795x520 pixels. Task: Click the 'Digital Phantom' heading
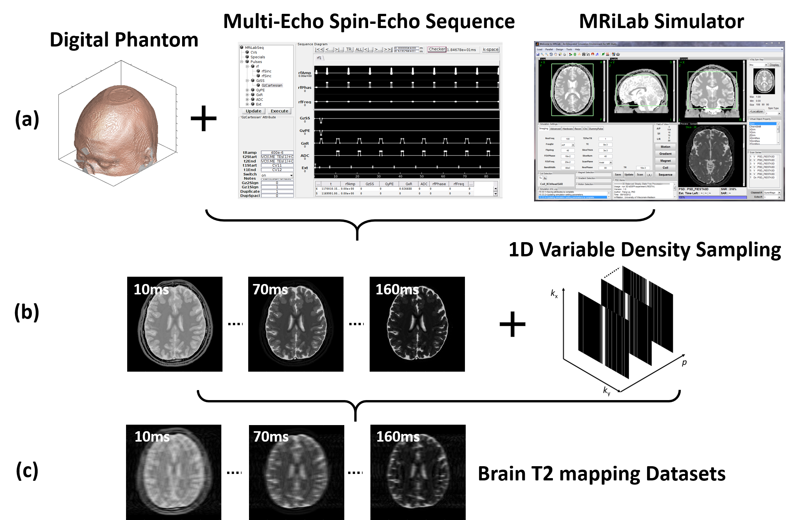124,40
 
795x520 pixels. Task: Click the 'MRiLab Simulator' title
661,22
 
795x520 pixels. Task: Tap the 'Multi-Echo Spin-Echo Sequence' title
368,22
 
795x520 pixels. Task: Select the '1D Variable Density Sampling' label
644,250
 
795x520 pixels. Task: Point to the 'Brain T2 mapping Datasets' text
601,473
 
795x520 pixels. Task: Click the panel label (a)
27,119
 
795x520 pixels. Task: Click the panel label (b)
27,312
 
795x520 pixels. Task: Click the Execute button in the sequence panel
279,111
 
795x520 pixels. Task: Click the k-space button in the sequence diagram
491,50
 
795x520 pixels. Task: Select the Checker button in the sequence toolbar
437,49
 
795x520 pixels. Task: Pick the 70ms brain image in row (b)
295,324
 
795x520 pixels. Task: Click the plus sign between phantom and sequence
204,118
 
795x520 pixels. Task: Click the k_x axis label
554,294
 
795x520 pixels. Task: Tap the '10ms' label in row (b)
151,289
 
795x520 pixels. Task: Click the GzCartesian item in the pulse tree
272,85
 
